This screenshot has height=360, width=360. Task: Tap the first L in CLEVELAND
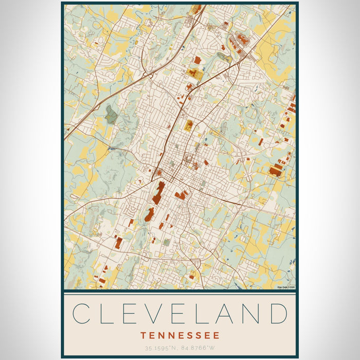(x=109, y=313)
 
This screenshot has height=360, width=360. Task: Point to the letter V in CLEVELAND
(x=157, y=313)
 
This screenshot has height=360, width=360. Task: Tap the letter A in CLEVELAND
(x=228, y=313)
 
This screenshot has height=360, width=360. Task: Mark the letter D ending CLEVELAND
(x=278, y=313)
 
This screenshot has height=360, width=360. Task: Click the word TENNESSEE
(x=180, y=335)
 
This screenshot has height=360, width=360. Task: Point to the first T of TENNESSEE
(x=142, y=335)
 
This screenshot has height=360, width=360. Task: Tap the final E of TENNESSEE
(x=217, y=335)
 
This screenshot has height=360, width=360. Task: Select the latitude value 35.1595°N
(x=160, y=348)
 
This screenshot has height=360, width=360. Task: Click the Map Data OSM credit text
(x=285, y=287)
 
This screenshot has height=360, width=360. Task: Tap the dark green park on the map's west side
(x=111, y=114)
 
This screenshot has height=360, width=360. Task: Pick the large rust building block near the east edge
(x=276, y=170)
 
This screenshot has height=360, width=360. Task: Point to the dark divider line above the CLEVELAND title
(x=180, y=292)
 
